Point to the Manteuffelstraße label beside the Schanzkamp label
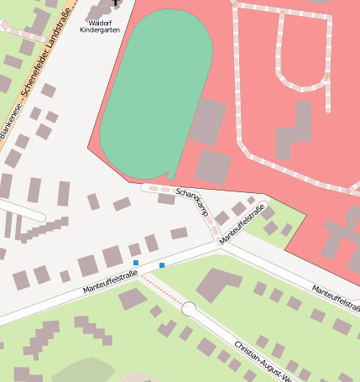click(x=243, y=224)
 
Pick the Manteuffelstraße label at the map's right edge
click(x=336, y=291)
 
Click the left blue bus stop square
click(x=136, y=263)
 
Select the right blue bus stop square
click(x=162, y=265)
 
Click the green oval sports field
click(x=158, y=92)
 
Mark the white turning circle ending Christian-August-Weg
click(x=189, y=309)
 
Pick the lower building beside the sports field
click(x=213, y=167)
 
